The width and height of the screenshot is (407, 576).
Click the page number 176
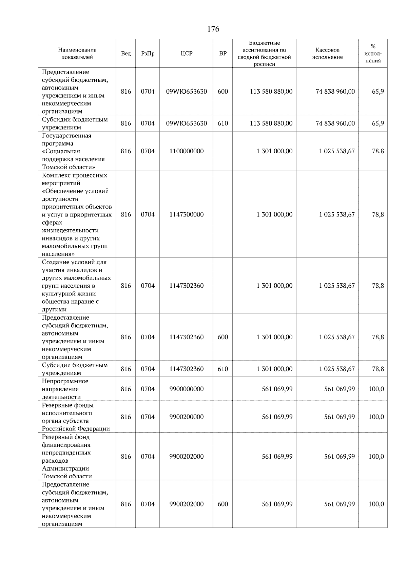point(213,29)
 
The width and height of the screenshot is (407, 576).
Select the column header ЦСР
point(186,54)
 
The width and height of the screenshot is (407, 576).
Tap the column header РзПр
point(148,54)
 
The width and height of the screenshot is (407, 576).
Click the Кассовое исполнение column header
point(327,54)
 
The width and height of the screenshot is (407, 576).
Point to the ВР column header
point(222,54)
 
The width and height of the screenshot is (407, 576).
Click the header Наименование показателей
point(77,54)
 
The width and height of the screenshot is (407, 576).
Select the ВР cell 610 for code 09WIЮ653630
point(222,123)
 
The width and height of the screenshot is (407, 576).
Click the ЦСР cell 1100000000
point(186,151)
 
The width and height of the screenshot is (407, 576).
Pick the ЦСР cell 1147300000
point(186,215)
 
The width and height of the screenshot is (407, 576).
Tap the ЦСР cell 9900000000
point(186,389)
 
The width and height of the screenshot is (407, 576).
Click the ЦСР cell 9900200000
point(186,417)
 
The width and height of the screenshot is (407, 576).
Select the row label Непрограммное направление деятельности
point(65,389)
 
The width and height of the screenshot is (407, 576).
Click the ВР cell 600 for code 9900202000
point(222,504)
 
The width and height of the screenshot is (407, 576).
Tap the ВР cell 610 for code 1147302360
point(222,369)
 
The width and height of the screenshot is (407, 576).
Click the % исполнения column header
point(373,54)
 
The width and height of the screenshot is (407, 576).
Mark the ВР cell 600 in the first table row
point(222,92)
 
